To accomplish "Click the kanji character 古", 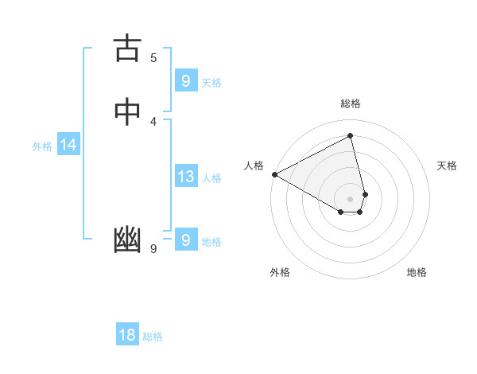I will pyautogui.click(x=127, y=49).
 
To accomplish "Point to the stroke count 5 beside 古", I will pyautogui.click(x=153, y=57).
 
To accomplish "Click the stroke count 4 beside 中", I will pyautogui.click(x=153, y=121).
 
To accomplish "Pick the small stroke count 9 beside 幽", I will pyautogui.click(x=153, y=249).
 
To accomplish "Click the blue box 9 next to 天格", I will pyautogui.click(x=185, y=80).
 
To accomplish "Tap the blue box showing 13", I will pyautogui.click(x=185, y=177).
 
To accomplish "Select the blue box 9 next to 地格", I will pyautogui.click(x=185, y=240).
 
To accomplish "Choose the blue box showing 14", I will pyautogui.click(x=68, y=145).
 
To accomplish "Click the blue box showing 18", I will pyautogui.click(x=127, y=335).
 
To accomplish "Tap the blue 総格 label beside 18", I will pyautogui.click(x=153, y=337).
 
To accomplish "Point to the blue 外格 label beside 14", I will pyautogui.click(x=42, y=146).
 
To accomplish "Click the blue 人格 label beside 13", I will pyautogui.click(x=211, y=178).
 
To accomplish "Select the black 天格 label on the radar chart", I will pyautogui.click(x=447, y=166).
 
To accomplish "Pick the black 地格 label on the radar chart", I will pyautogui.click(x=417, y=272).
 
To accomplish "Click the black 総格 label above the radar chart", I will pyautogui.click(x=351, y=103).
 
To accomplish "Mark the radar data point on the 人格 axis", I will pyautogui.click(x=274, y=174).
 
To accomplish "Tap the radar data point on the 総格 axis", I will pyautogui.click(x=351, y=135).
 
